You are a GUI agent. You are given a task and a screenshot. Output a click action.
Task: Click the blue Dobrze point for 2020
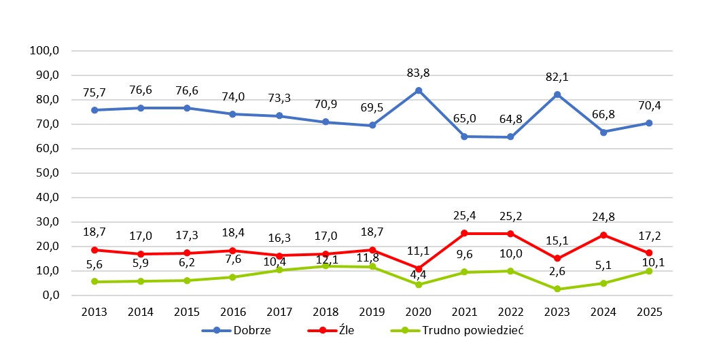coord(419,90)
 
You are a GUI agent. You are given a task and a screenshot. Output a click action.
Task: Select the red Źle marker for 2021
coord(464,233)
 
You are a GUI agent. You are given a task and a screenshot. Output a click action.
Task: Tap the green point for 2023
coord(557,289)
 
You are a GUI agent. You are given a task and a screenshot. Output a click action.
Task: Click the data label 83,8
coord(419,74)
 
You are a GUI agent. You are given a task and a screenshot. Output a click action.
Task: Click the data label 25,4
coord(464,217)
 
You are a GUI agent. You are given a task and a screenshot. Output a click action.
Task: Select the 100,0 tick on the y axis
coord(46,51)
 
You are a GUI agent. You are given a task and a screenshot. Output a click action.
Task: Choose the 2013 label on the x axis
coord(94,312)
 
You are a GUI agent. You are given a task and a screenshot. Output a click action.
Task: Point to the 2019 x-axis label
coord(372,312)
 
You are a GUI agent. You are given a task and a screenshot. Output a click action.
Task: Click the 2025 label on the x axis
coord(649,312)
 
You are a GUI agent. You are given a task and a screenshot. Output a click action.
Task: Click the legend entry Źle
coord(337,331)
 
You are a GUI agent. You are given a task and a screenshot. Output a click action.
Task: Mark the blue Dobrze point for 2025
coord(649,123)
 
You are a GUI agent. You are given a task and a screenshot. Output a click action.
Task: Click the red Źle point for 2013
coord(94,250)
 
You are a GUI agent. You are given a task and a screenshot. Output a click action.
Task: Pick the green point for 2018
coord(326,266)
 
